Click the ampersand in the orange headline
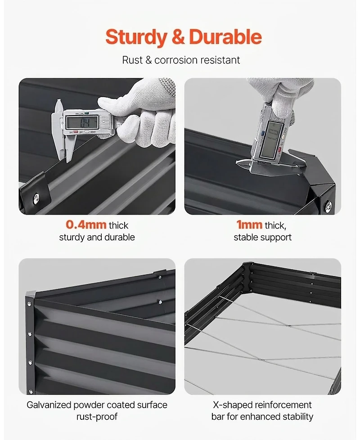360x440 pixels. coord(178,37)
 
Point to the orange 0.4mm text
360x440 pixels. coord(86,225)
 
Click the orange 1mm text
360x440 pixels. coord(249,225)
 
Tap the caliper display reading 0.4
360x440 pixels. coord(81,122)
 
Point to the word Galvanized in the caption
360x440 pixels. coord(49,405)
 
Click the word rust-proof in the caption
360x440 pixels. coord(97,417)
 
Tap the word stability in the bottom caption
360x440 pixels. coord(298,417)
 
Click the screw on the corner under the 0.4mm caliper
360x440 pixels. coord(36,198)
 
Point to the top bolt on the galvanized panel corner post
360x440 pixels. coord(29,304)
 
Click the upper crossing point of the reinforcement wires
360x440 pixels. coord(289,326)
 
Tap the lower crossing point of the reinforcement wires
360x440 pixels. coord(261,360)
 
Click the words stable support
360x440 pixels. coord(263,238)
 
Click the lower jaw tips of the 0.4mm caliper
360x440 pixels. coord(67,160)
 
